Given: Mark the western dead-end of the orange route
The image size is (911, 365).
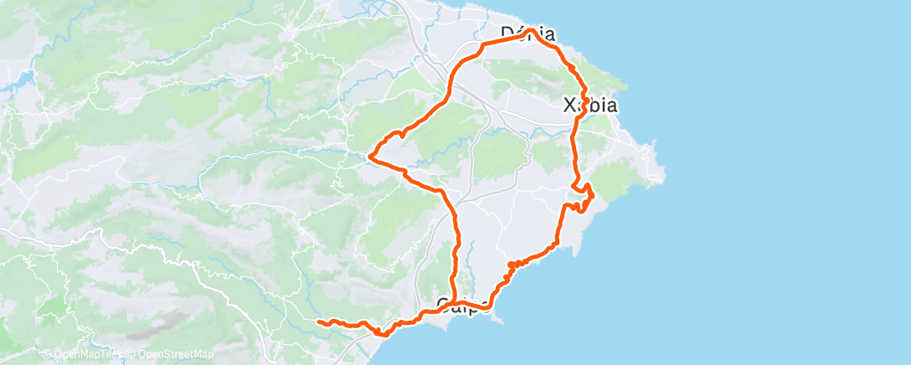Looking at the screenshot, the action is pyautogui.click(x=318, y=321).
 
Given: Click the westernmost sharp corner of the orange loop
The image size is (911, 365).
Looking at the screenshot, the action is pyautogui.click(x=371, y=154).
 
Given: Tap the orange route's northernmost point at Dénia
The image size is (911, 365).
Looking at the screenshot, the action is pyautogui.click(x=531, y=31).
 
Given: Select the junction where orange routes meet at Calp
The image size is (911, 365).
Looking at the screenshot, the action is pyautogui.click(x=452, y=304).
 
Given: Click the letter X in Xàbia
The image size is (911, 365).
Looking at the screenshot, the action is pyautogui.click(x=571, y=106).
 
